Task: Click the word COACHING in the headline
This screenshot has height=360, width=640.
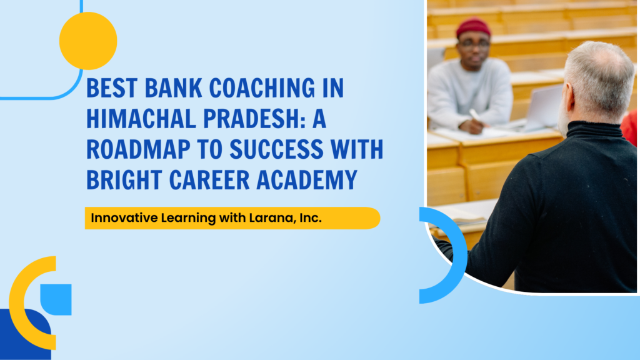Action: click(x=262, y=87)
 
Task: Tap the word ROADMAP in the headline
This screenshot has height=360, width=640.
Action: click(x=138, y=149)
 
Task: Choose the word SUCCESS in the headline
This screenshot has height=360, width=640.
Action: click(x=277, y=149)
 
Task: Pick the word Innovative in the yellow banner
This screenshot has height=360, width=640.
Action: click(x=124, y=217)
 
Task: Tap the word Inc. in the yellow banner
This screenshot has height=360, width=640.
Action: click(x=311, y=218)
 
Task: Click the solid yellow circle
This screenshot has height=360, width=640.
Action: click(x=88, y=41)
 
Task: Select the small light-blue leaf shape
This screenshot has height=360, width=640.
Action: click(x=56, y=299)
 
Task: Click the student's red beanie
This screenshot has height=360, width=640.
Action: click(x=473, y=27)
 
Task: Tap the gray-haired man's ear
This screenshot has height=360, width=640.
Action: click(x=569, y=98)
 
